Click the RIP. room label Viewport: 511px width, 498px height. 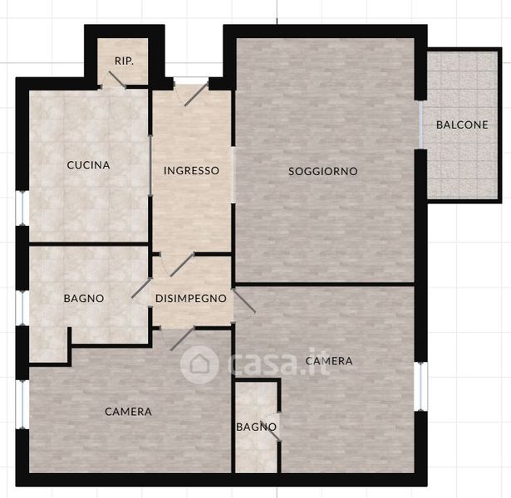tap(124, 61)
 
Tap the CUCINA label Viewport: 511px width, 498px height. tap(88, 165)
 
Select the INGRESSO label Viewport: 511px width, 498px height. tap(191, 170)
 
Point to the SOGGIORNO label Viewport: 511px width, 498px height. tap(323, 171)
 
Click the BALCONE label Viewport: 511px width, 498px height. tap(462, 124)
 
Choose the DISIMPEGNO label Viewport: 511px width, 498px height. tap(191, 299)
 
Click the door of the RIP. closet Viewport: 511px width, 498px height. tap(117, 80)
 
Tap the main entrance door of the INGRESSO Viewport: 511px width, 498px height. tap(196, 94)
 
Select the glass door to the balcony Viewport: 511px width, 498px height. tap(420, 124)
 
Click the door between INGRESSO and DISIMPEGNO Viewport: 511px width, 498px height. tap(182, 265)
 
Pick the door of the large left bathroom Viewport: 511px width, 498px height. tap(142, 288)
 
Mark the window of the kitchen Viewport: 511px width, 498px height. tap(22, 207)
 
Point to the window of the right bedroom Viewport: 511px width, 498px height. tap(421, 386)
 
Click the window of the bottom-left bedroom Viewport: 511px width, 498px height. tap(22, 404)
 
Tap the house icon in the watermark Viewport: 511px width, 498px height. tap(199, 364)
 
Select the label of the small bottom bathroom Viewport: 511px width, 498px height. tap(257, 427)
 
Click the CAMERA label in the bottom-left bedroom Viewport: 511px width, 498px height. tap(129, 412)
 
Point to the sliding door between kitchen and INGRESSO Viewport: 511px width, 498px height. tap(150, 166)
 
